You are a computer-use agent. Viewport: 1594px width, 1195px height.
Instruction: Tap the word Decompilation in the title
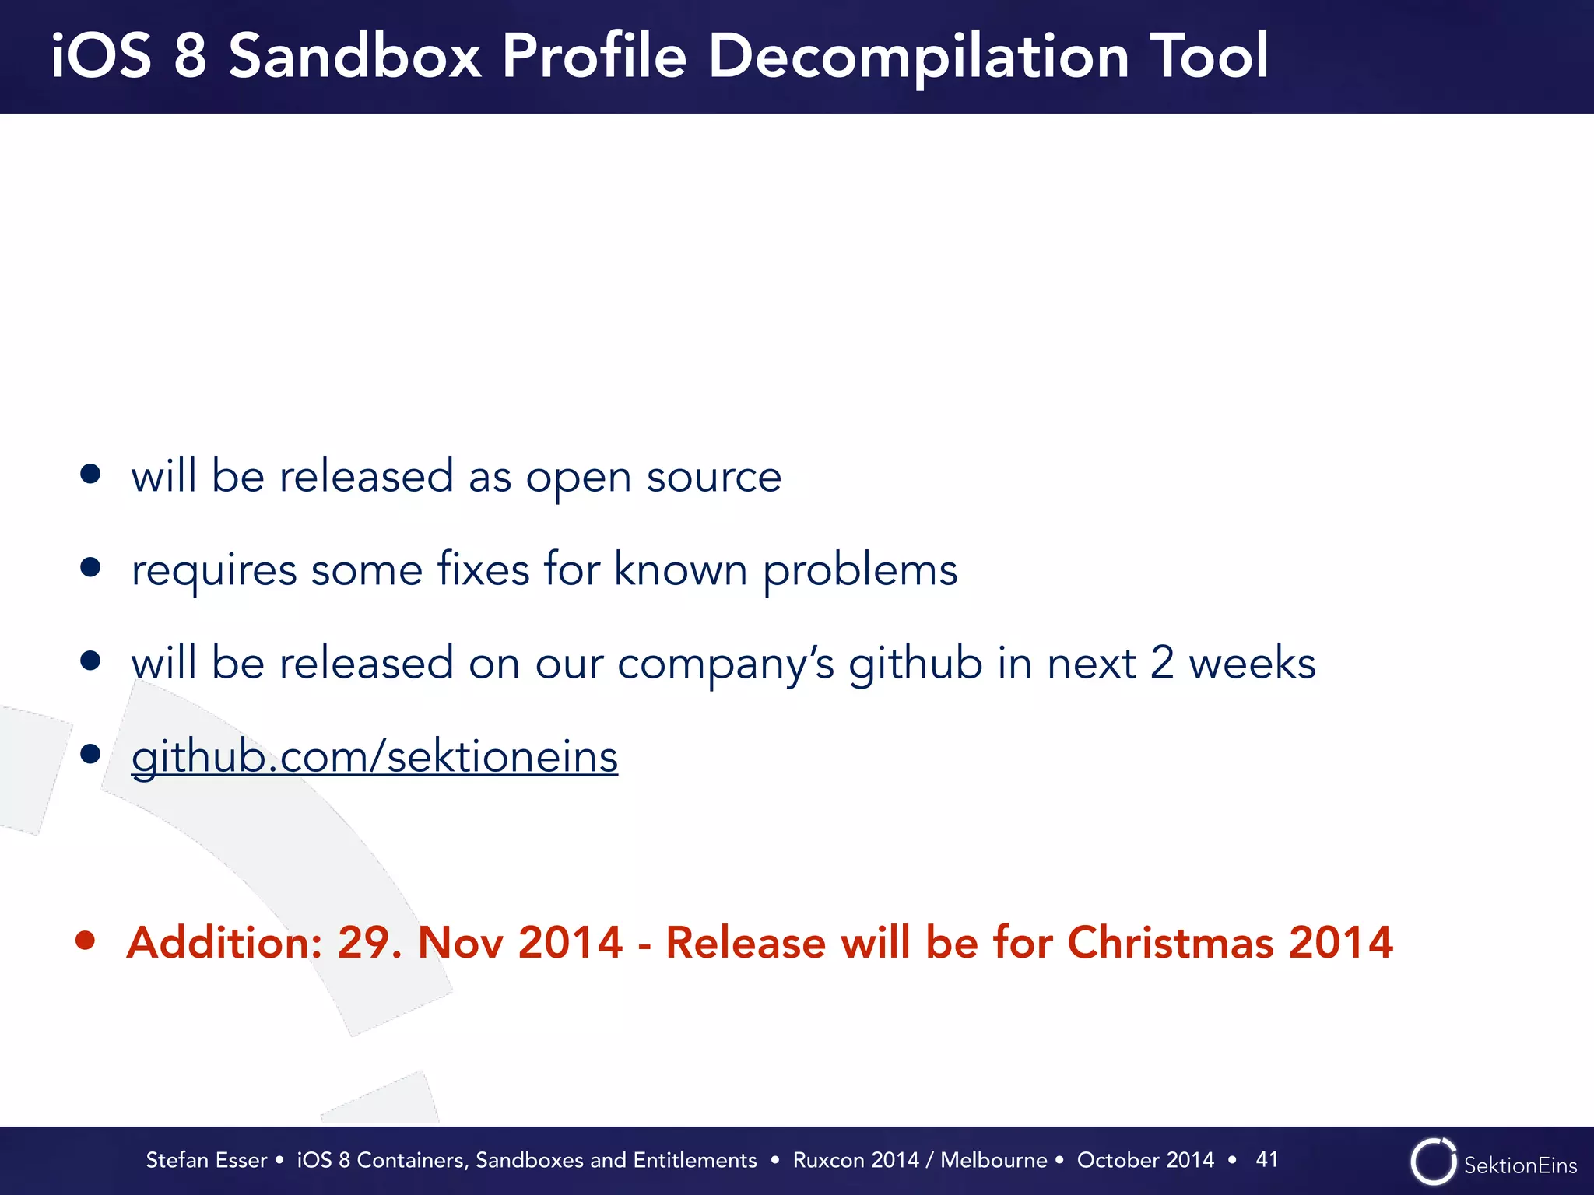tap(918, 58)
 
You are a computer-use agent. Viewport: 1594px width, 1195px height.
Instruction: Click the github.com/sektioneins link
tap(374, 757)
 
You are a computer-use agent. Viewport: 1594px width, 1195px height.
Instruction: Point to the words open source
tap(654, 477)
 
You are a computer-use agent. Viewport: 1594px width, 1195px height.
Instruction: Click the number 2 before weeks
tap(1161, 663)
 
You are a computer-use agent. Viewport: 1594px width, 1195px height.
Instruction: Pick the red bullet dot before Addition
tap(86, 941)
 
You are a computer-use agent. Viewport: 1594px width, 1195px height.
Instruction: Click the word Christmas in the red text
tap(1170, 943)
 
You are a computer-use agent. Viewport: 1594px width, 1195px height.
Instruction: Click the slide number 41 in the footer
tap(1266, 1159)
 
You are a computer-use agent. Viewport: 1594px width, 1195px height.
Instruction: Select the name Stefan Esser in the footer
tap(206, 1160)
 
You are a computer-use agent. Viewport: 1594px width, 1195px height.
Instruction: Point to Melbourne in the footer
tap(994, 1160)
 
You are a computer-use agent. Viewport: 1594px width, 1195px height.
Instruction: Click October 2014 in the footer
tap(1145, 1160)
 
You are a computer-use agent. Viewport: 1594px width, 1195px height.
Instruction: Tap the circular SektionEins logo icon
tap(1433, 1162)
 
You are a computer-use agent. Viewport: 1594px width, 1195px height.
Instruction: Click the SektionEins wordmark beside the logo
tap(1520, 1165)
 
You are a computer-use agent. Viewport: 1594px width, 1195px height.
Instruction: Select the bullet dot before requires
tap(90, 567)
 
